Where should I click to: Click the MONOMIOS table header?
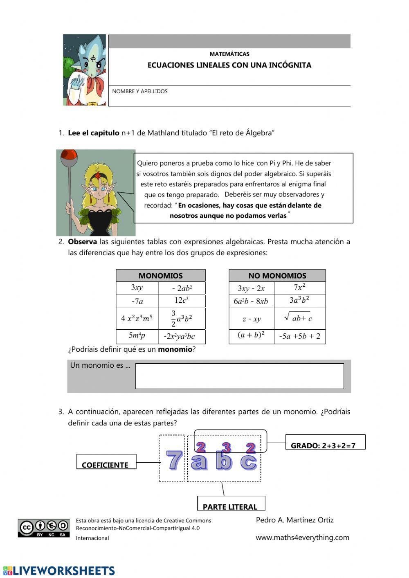point(160,276)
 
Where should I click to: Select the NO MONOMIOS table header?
point(277,276)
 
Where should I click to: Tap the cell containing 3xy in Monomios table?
point(137,288)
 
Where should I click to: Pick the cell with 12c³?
point(181,301)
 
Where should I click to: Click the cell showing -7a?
point(137,301)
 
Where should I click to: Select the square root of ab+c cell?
point(299,318)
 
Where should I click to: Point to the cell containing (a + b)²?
point(251,336)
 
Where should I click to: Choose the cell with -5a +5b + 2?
point(299,337)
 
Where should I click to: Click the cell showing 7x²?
point(299,288)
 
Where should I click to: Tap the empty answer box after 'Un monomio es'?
point(239,376)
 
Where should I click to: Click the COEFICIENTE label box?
point(106,462)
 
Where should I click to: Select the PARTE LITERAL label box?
point(231,504)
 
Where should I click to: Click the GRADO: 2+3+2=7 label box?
point(325,443)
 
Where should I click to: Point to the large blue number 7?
point(174,460)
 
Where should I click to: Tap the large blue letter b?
point(224,461)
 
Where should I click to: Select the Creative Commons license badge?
point(43,528)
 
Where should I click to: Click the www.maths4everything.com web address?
point(302,538)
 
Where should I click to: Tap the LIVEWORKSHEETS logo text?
point(59,571)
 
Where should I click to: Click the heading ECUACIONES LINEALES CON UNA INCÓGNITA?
point(229,65)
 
